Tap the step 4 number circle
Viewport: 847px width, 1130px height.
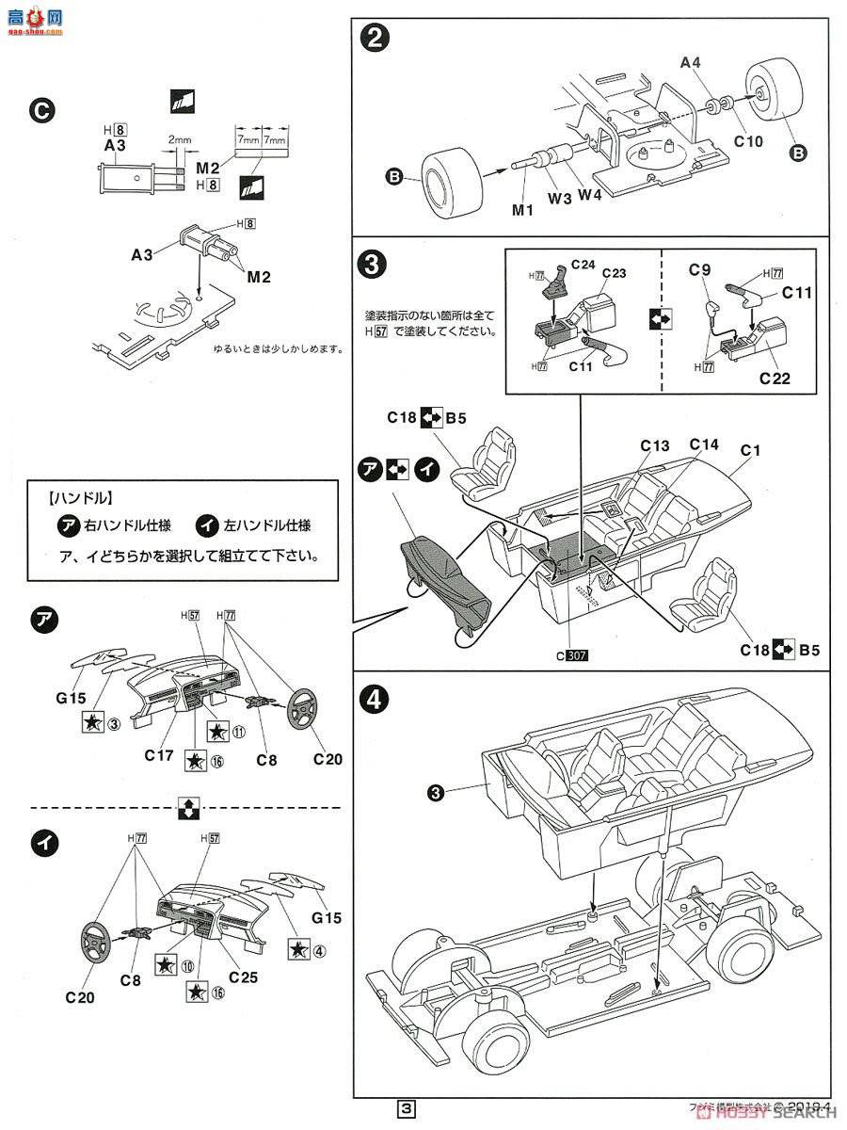[x=376, y=699]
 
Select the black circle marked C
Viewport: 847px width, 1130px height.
[x=42, y=110]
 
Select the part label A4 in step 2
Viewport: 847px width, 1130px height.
[x=691, y=63]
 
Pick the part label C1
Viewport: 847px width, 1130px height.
[x=749, y=451]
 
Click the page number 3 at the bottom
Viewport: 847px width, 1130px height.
[x=406, y=1109]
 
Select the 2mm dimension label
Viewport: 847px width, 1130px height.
[x=180, y=140]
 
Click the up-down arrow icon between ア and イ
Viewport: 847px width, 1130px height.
[x=186, y=808]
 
